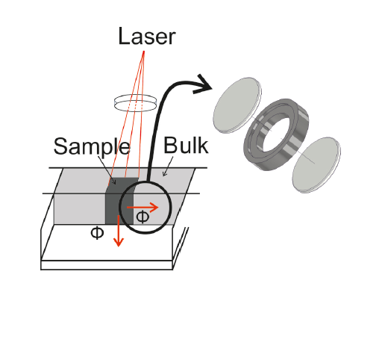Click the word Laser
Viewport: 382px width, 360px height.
click(147, 36)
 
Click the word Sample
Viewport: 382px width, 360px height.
click(92, 147)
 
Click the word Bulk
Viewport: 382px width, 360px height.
click(186, 145)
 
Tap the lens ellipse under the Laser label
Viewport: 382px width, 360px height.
click(135, 103)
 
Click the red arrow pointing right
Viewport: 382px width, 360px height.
click(143, 207)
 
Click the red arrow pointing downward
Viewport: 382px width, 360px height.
click(119, 231)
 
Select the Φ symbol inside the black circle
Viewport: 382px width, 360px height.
click(143, 217)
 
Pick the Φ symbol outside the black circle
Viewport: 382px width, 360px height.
click(97, 233)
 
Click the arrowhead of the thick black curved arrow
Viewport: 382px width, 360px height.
click(203, 84)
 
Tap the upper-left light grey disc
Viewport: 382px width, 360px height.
click(237, 105)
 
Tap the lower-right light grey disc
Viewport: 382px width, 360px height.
click(316, 164)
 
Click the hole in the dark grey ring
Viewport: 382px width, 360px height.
click(275, 134)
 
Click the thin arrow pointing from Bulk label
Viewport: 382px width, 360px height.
click(168, 167)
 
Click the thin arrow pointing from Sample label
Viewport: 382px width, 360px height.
click(107, 170)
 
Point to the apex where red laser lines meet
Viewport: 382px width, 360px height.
click(144, 52)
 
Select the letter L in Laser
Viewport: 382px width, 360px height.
click(125, 36)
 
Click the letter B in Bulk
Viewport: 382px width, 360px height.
click(170, 145)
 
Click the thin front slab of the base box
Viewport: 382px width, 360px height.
click(107, 265)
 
